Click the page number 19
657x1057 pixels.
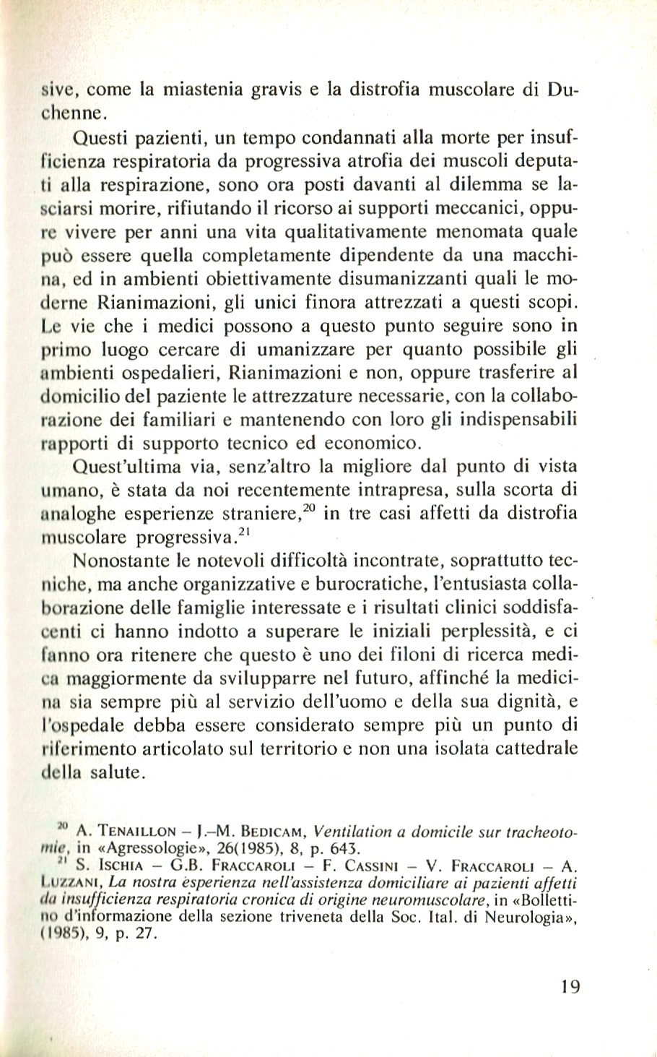(x=569, y=988)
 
